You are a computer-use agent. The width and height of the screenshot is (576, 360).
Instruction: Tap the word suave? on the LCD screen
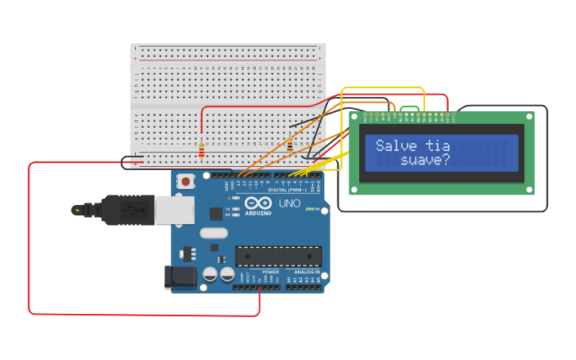point(425,160)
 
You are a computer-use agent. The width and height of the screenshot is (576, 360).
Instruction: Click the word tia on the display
point(438,145)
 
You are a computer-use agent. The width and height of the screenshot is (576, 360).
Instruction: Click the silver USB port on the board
point(174,210)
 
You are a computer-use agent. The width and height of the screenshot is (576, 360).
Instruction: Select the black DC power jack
point(180,277)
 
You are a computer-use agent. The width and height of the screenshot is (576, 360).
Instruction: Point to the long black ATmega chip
point(278,256)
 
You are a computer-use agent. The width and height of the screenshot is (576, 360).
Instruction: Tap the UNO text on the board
point(289,203)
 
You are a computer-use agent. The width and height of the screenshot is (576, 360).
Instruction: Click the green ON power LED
point(310,209)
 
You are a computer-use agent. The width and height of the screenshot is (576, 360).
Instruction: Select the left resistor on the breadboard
point(202,150)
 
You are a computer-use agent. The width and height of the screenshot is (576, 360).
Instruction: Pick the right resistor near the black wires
point(290,146)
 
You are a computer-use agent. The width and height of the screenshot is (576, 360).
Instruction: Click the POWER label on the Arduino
point(270,272)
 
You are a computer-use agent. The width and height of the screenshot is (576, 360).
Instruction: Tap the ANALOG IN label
point(306,272)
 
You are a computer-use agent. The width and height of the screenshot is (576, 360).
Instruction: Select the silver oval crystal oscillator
point(214,233)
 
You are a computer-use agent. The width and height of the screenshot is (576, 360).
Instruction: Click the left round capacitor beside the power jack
point(210,273)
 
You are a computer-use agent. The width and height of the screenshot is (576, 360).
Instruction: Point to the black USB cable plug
point(119,210)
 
